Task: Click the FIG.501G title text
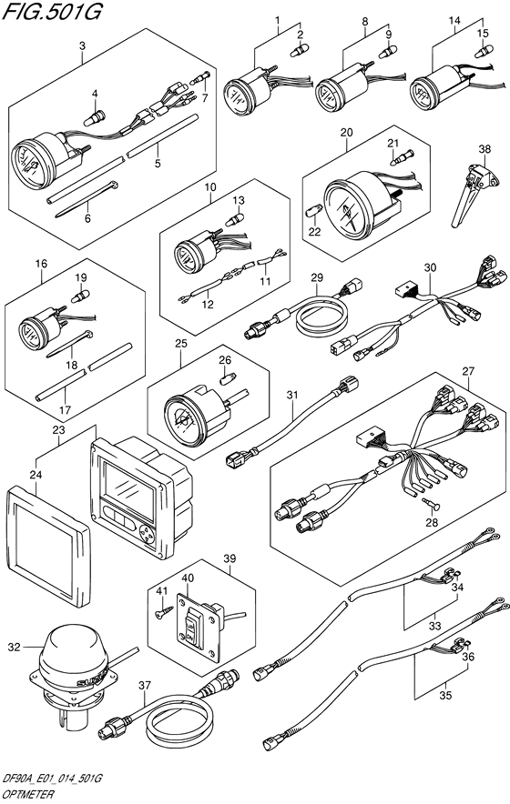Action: (x=53, y=11)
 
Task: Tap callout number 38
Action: (x=484, y=149)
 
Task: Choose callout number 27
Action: (x=468, y=371)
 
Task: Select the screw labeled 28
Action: (x=431, y=505)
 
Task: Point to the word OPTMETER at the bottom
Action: (x=30, y=795)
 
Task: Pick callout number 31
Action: (x=292, y=395)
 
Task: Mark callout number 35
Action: (x=445, y=695)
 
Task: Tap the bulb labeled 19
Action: (x=80, y=296)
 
